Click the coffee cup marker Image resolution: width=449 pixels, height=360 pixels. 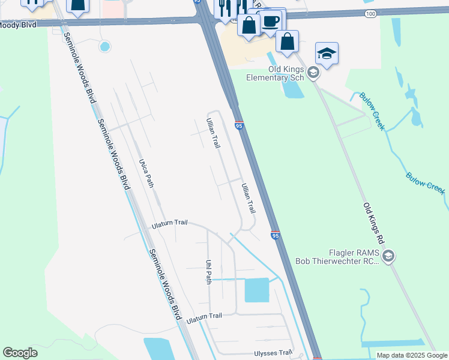click(271, 22)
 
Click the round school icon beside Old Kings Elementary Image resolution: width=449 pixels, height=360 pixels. click(313, 73)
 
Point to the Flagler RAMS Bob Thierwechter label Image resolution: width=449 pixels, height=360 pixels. click(337, 257)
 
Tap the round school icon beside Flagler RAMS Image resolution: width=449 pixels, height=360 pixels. click(388, 257)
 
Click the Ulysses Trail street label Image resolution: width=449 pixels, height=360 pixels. click(273, 353)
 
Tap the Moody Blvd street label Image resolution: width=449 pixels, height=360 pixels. click(18, 25)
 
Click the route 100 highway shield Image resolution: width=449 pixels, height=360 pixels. click(370, 13)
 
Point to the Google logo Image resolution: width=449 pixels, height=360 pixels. click(20, 353)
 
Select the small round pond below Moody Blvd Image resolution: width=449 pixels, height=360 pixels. click(105, 46)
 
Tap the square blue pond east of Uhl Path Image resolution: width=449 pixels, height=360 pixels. click(257, 290)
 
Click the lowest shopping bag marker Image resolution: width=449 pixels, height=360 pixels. click(288, 41)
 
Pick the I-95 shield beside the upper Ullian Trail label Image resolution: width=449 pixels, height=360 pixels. click(239, 125)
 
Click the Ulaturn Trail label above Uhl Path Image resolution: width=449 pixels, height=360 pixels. click(169, 223)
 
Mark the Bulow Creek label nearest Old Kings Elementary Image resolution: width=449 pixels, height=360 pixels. click(370, 111)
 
